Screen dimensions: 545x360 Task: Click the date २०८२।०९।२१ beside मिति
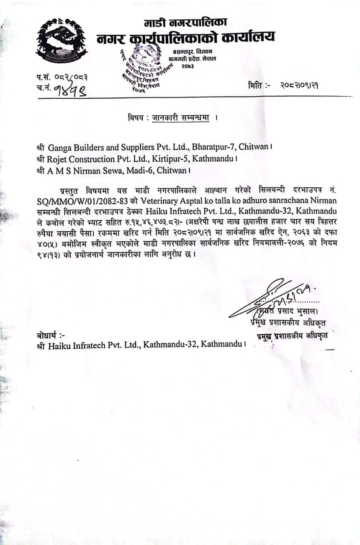[300, 85]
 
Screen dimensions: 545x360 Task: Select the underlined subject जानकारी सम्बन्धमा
[181, 118]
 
